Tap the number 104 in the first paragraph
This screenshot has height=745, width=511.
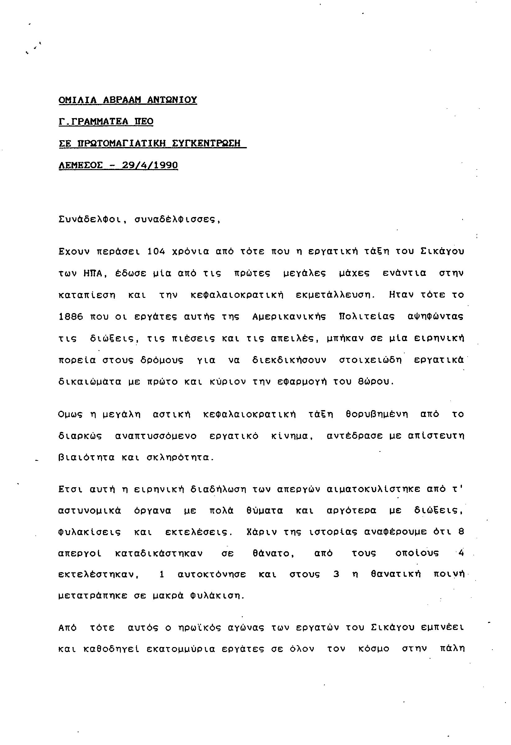[156, 252]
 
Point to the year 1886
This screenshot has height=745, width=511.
[71, 317]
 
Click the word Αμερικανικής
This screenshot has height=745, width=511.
[290, 317]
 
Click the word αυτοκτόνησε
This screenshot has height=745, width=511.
[212, 575]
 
